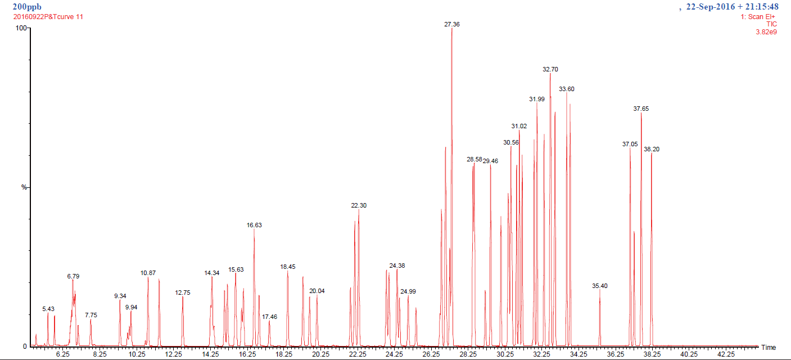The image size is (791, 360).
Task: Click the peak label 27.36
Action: pyautogui.click(x=451, y=25)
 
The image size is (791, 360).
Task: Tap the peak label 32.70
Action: pyautogui.click(x=550, y=69)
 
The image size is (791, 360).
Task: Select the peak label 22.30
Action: pyautogui.click(x=359, y=206)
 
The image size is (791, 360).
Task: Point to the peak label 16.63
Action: pyautogui.click(x=254, y=225)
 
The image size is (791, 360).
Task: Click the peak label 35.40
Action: pyautogui.click(x=600, y=286)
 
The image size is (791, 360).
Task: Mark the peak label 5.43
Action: pyautogui.click(x=48, y=309)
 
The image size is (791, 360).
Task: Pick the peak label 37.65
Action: pyautogui.click(x=641, y=109)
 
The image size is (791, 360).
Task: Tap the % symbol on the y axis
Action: pyautogui.click(x=24, y=187)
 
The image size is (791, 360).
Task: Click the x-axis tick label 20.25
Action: pyautogui.click(x=320, y=354)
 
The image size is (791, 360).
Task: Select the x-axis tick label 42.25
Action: pyautogui.click(x=726, y=354)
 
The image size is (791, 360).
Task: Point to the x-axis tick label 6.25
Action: pyautogui.click(x=62, y=354)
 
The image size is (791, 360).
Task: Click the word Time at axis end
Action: pyautogui.click(x=769, y=347)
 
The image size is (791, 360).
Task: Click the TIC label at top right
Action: pyautogui.click(x=771, y=24)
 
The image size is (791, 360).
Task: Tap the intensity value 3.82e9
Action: pyautogui.click(x=766, y=32)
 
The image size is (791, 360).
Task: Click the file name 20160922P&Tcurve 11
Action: pyautogui.click(x=48, y=16)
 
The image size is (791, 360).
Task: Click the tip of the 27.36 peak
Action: pyautogui.click(x=452, y=29)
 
